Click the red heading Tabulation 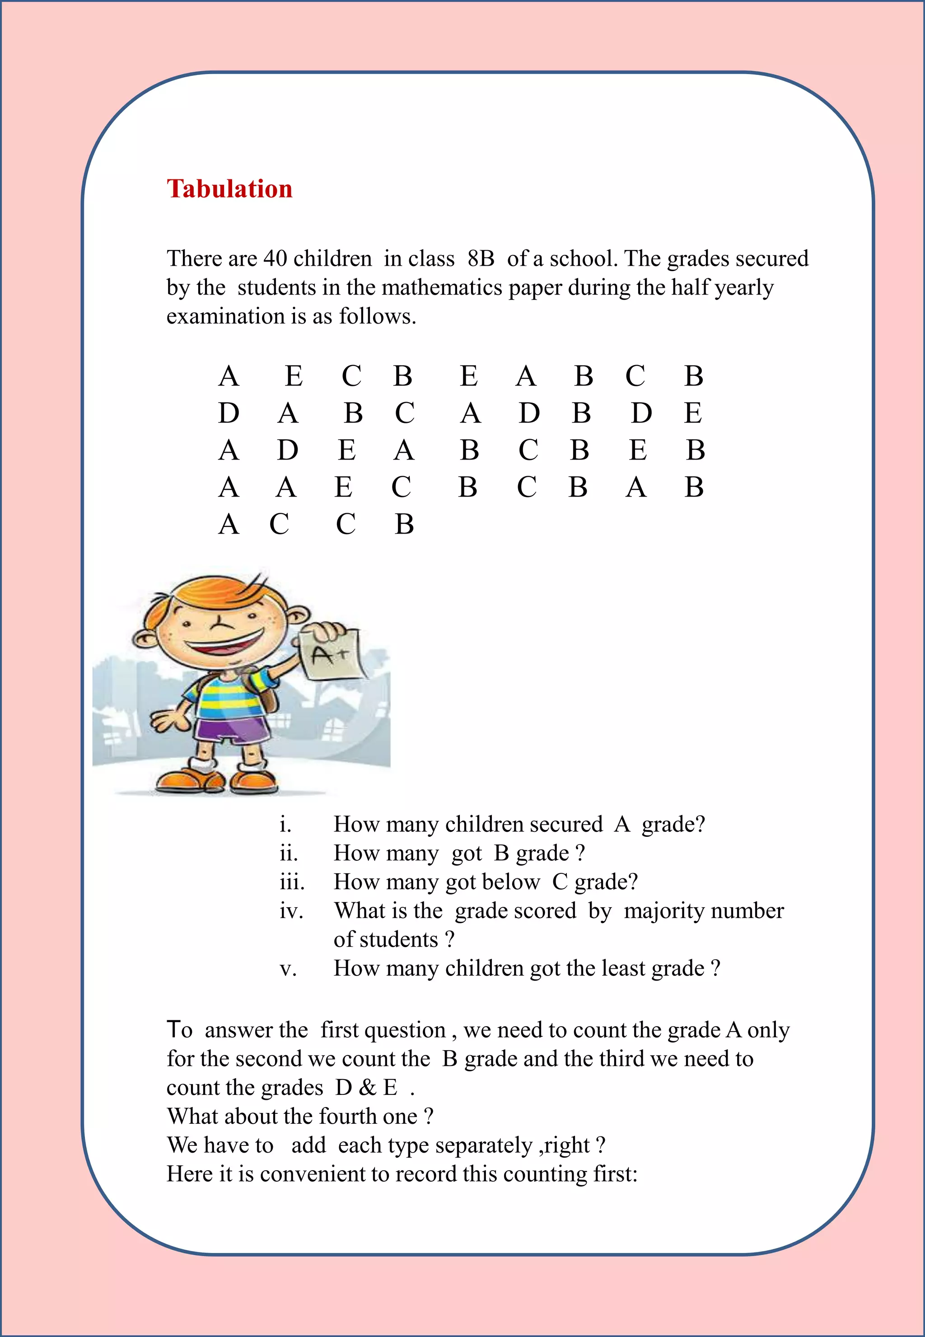(x=229, y=189)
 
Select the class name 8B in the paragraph (x=481, y=258)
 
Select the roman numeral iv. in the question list (x=291, y=911)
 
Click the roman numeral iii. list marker (x=291, y=882)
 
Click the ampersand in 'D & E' (x=368, y=1088)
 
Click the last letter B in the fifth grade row (x=404, y=525)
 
